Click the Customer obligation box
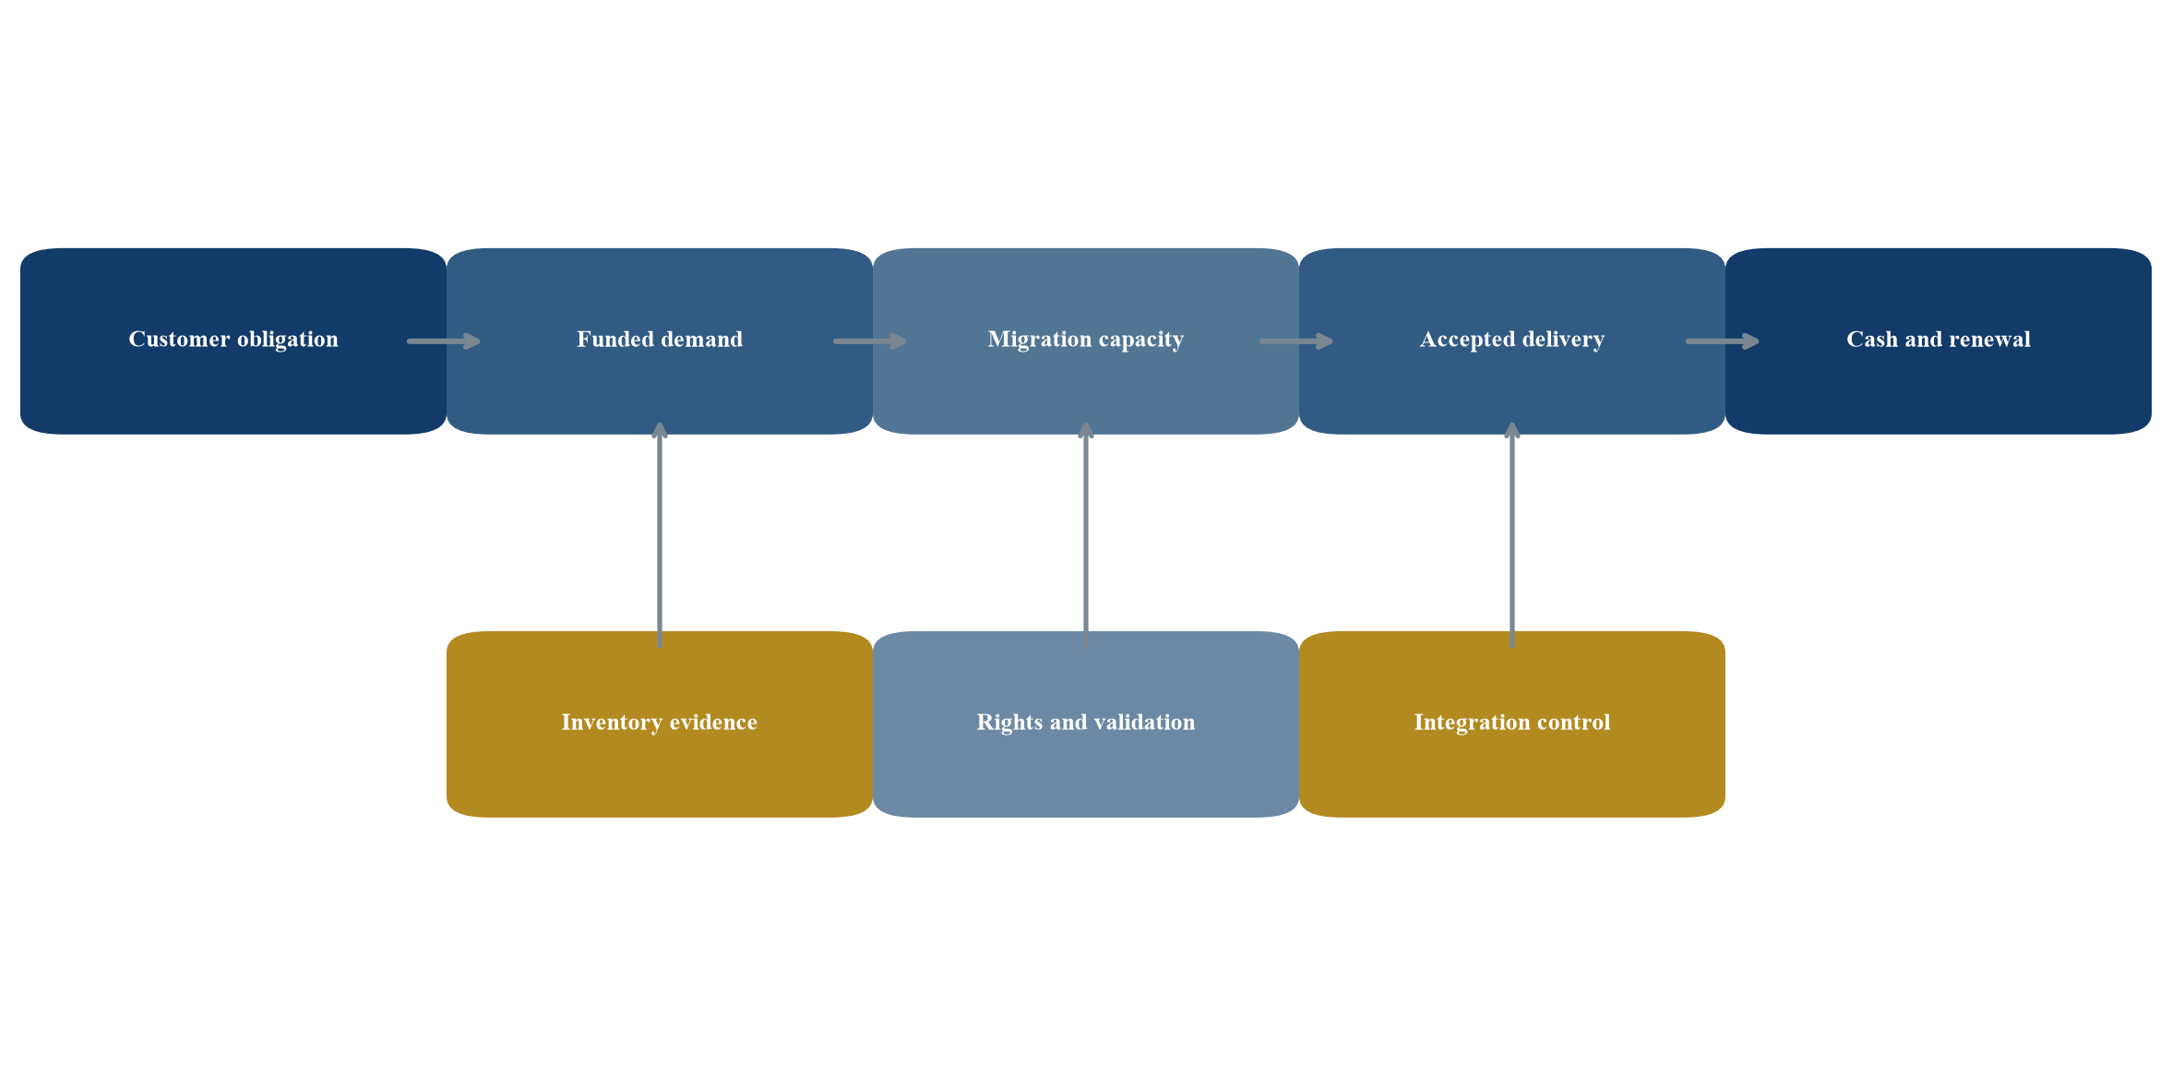tap(233, 341)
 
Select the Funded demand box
tap(660, 341)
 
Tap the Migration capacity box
tap(1086, 341)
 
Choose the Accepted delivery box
tap(1512, 341)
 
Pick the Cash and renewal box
tap(1939, 341)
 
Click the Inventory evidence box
tap(660, 724)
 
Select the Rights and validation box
tap(1086, 724)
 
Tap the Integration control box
tap(1512, 724)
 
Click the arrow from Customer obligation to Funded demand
tap(444, 341)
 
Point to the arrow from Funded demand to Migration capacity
tap(870, 341)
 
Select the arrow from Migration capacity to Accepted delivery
tap(1296, 341)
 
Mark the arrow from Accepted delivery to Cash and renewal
tap(1723, 341)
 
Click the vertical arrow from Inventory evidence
tap(660, 535)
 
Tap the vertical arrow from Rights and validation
tap(1086, 535)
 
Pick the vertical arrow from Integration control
tap(1512, 535)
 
